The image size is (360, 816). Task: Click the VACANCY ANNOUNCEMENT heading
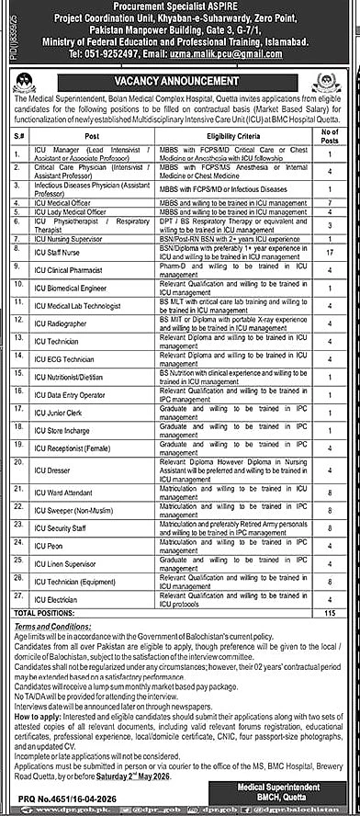(x=180, y=80)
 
